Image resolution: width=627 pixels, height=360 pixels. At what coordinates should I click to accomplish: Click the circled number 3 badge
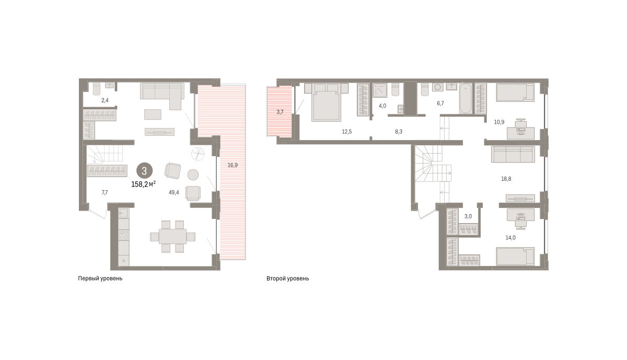point(144,171)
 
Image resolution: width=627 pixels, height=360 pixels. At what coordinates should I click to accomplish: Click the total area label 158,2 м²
point(144,184)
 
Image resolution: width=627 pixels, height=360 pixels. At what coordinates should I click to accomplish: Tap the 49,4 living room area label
point(174,192)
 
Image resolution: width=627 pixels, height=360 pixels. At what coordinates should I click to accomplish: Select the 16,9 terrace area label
point(233,165)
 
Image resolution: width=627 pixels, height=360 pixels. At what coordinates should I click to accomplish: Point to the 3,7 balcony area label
point(280,112)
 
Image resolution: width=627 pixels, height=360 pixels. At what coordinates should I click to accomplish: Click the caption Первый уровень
point(100,278)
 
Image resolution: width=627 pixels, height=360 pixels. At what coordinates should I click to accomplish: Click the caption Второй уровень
point(288,278)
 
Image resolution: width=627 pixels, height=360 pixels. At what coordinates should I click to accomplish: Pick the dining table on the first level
point(173,237)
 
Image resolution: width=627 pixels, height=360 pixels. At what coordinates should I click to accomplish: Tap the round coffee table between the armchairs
point(193,175)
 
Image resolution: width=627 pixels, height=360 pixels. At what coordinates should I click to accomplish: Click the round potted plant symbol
point(198,154)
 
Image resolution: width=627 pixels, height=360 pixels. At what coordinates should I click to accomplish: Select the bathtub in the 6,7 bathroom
point(465,99)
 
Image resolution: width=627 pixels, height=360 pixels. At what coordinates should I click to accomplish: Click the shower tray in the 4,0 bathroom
point(380,90)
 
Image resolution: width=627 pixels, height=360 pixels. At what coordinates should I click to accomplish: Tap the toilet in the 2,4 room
point(96,89)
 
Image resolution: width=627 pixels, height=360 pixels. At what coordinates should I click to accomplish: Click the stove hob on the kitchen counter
point(124,235)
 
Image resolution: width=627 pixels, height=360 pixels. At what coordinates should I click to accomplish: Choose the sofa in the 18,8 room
point(513,154)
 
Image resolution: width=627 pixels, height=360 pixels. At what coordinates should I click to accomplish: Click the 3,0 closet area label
point(468,216)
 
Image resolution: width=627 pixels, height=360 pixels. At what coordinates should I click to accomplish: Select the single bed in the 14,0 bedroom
point(515,256)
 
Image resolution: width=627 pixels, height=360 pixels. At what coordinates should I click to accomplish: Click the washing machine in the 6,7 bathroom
point(437,87)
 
